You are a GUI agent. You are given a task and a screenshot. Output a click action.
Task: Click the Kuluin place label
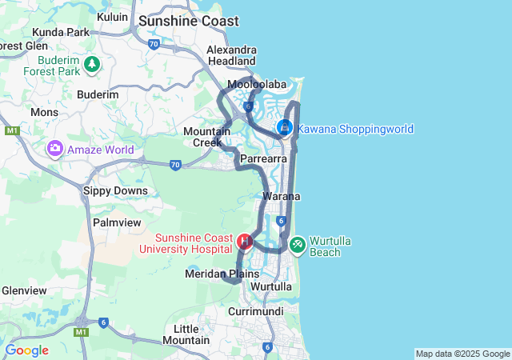(111, 17)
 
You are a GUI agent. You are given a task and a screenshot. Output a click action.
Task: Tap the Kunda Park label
(61, 32)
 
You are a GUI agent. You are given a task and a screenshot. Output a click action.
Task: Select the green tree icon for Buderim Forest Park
(92, 63)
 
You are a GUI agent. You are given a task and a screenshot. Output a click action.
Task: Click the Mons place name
(44, 112)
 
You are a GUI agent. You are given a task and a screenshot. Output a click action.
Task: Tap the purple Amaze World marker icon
(55, 148)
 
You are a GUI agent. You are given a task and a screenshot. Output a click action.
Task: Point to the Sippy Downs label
(115, 191)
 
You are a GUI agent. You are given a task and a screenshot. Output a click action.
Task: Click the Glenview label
(23, 290)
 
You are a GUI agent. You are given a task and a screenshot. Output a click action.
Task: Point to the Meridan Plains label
(222, 274)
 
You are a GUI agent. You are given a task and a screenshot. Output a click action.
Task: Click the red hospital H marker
(246, 240)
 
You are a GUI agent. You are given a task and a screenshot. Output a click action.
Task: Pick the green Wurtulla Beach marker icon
(297, 242)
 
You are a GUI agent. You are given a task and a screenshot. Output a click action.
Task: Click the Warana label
(281, 196)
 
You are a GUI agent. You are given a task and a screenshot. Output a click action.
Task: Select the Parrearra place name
(263, 160)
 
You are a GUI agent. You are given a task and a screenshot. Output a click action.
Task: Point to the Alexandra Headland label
(231, 55)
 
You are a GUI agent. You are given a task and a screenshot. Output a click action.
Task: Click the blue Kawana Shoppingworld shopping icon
(285, 127)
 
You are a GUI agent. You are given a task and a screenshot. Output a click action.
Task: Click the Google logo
(26, 350)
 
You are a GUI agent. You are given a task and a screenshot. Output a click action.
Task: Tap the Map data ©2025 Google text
(462, 354)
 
